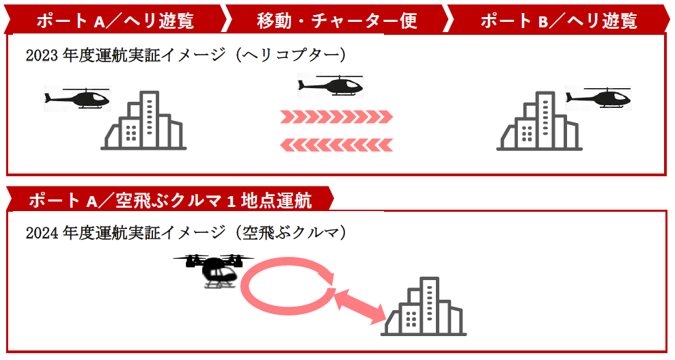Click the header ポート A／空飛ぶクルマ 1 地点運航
170,200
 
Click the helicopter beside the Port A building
77,99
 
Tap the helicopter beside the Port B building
598,98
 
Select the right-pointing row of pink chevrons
336,117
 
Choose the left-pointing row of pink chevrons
336,144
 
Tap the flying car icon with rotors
214,270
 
